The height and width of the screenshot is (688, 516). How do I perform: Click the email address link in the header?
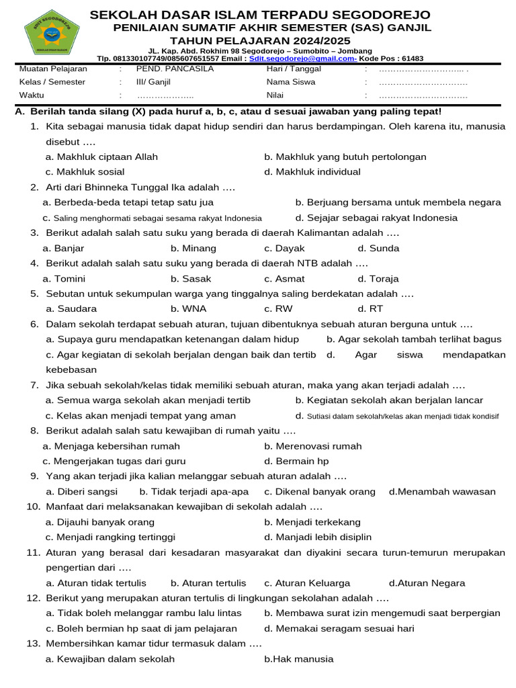click(x=302, y=59)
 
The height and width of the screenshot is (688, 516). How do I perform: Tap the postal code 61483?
click(x=411, y=59)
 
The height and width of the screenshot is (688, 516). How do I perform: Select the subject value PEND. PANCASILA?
click(x=175, y=69)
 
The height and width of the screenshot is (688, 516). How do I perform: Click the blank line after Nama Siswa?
click(x=423, y=83)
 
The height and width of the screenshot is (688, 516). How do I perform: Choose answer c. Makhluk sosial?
click(x=85, y=172)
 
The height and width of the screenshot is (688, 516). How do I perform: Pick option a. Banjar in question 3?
click(x=63, y=249)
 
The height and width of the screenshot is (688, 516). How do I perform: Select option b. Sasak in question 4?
click(x=191, y=279)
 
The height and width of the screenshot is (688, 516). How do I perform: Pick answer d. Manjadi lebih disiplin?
click(x=318, y=537)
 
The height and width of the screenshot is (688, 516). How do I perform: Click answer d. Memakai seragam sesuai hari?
click(x=339, y=629)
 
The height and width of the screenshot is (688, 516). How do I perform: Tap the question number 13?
click(x=34, y=644)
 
